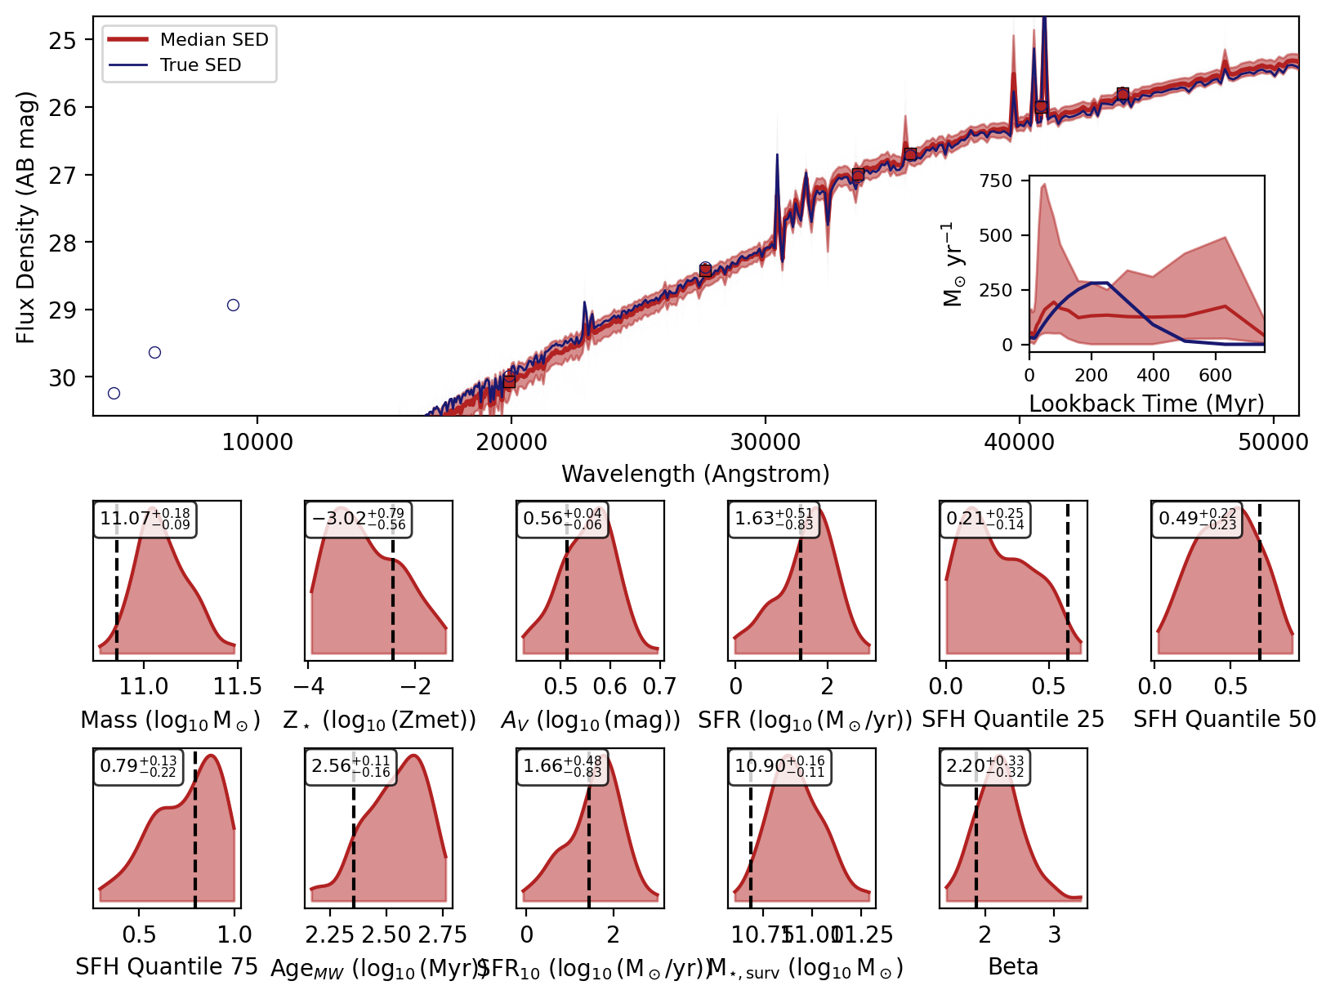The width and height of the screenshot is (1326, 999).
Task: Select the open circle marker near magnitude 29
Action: (x=233, y=305)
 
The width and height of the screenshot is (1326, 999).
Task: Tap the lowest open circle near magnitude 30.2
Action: (x=114, y=393)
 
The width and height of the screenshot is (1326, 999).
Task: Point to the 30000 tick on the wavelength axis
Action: (x=766, y=443)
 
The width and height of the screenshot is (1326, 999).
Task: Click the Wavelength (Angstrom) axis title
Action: (x=695, y=475)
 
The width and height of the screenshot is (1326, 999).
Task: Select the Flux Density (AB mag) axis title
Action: (x=26, y=217)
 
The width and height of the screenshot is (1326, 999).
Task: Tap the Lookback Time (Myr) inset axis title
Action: (x=1146, y=404)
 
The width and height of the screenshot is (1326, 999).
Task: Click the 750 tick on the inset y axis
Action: (x=995, y=181)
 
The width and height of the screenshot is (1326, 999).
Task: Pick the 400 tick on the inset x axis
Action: (x=1153, y=376)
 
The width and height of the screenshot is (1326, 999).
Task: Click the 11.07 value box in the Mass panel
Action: (x=145, y=519)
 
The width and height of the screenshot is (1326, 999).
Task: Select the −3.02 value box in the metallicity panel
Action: (x=358, y=519)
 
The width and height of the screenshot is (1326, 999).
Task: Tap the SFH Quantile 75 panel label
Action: (x=167, y=967)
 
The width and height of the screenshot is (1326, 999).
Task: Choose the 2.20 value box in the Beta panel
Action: (x=984, y=766)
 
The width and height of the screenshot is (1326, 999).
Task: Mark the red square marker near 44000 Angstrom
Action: (x=1123, y=94)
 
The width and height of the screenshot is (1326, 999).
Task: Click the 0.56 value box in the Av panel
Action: (x=562, y=519)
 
